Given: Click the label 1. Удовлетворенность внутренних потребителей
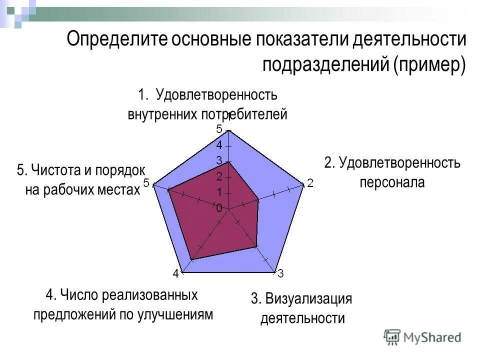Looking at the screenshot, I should (207, 104).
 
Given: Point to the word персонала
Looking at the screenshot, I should (392, 182).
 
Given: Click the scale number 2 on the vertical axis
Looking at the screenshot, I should (219, 176).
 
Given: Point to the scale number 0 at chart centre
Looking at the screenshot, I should (219, 208).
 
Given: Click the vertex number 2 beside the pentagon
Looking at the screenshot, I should (310, 183).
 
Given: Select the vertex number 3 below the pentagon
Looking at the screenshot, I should (280, 273).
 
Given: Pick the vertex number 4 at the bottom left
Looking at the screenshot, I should (175, 273).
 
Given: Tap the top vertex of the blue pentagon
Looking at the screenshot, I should (228, 130).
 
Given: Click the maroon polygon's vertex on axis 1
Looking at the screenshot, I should (228, 162).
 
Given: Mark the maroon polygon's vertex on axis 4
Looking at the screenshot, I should (192, 259).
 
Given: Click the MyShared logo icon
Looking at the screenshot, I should (393, 337).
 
